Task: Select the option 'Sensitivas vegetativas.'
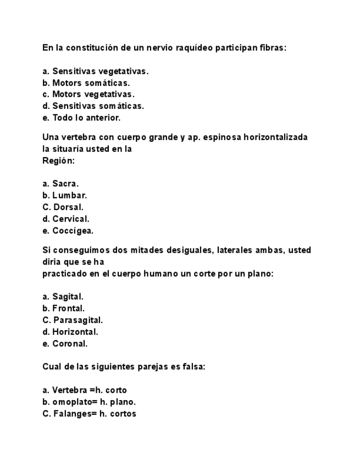coord(100,71)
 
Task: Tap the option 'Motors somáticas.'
coord(91,83)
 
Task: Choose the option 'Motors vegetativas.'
coord(93,95)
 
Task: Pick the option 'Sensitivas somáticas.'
coord(98,106)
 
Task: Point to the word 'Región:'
coord(58,160)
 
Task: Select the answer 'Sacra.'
coord(65,184)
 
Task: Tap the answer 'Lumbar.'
coord(69,195)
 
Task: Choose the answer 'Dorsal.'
coord(68,207)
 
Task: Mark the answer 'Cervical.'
coord(70,219)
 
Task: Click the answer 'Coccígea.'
coord(73,231)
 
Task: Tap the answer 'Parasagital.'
coord(78,320)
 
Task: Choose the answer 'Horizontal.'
coord(75,332)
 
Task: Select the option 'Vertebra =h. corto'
coord(89,390)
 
